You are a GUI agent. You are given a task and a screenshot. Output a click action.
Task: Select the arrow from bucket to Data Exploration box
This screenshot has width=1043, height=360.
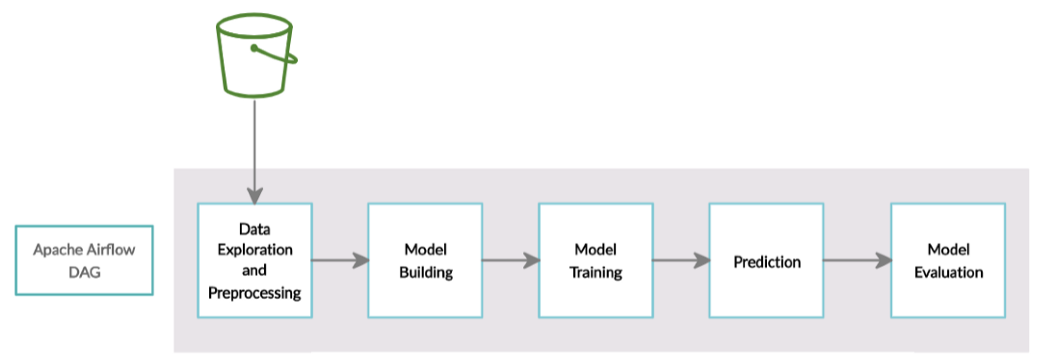click(254, 151)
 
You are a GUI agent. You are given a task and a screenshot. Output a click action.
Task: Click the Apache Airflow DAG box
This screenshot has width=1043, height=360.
click(84, 260)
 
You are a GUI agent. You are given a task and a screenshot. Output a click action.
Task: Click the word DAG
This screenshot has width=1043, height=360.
click(84, 272)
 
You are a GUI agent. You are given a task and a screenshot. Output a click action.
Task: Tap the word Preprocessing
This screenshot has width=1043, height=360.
click(254, 293)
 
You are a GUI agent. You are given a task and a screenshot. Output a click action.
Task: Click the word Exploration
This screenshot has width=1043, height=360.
click(254, 249)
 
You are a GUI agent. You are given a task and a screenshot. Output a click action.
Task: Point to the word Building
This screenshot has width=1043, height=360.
click(426, 272)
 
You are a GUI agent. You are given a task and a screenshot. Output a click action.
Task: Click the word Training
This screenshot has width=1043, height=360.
click(595, 272)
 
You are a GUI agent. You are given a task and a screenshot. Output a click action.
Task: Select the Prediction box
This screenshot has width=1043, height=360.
click(766, 261)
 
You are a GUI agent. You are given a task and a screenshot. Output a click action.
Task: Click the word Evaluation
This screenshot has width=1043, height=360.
click(948, 272)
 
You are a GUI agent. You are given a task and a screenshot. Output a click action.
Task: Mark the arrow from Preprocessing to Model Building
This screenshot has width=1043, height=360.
click(339, 260)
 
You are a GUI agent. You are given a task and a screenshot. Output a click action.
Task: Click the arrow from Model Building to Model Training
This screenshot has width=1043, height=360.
click(510, 260)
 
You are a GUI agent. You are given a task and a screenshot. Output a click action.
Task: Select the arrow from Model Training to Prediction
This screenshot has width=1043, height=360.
click(680, 260)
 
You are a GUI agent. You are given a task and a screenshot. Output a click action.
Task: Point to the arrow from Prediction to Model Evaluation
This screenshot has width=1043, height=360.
click(856, 260)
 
